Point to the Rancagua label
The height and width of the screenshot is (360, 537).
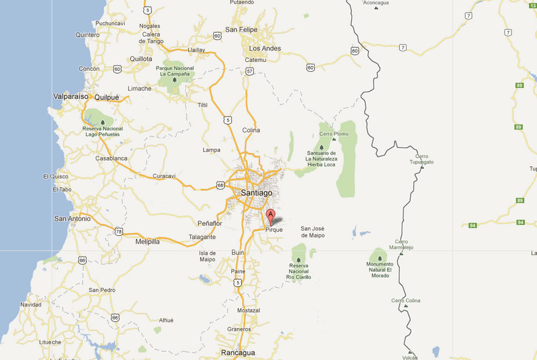click(238, 352)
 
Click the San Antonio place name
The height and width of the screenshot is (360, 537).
click(72, 219)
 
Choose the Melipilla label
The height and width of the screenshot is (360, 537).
click(147, 242)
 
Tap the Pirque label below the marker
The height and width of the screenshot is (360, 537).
click(274, 230)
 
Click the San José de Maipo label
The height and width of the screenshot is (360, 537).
click(313, 232)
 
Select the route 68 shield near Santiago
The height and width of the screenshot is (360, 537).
click(220, 185)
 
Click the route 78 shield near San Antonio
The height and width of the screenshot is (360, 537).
click(119, 231)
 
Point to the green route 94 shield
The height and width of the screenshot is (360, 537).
click(473, 225)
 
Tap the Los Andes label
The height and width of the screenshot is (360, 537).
click(264, 48)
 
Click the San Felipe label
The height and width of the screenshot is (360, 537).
click(241, 30)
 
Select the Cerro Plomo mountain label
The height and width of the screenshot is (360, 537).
click(334, 134)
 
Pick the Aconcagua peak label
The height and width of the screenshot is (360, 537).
click(375, 3)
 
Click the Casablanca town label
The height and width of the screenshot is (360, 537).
click(111, 158)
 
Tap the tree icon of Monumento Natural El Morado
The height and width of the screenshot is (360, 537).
click(379, 258)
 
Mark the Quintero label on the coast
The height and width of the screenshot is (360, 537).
click(88, 35)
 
